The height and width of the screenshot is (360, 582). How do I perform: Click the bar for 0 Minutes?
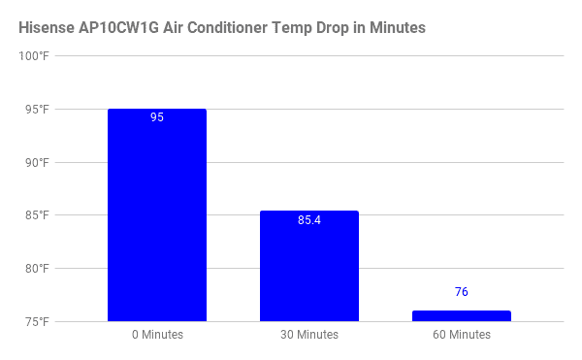(157, 214)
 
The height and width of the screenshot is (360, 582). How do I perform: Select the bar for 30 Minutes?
(309, 266)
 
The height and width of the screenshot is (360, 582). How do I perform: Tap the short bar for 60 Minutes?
(462, 315)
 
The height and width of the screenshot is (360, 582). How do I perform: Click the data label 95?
(157, 117)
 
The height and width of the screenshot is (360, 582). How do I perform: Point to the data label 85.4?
(309, 220)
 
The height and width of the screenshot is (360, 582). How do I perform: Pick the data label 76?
(462, 292)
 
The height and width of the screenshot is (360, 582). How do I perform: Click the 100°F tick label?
(34, 56)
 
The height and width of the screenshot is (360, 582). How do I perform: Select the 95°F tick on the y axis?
(37, 110)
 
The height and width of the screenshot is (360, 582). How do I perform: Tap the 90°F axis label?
(37, 163)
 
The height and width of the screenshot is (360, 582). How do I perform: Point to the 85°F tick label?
(37, 215)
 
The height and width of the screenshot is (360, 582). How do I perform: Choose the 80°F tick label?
(37, 269)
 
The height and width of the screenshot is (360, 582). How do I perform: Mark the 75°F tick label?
(37, 322)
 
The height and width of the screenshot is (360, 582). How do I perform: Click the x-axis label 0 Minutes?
(157, 335)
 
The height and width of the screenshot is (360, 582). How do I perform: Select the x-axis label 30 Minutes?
(309, 335)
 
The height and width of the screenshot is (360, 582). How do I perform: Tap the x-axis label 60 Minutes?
(462, 335)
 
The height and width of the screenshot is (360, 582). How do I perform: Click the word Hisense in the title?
(47, 28)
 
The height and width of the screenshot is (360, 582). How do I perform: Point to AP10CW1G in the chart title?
(118, 28)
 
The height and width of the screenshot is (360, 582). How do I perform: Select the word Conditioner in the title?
(227, 28)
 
